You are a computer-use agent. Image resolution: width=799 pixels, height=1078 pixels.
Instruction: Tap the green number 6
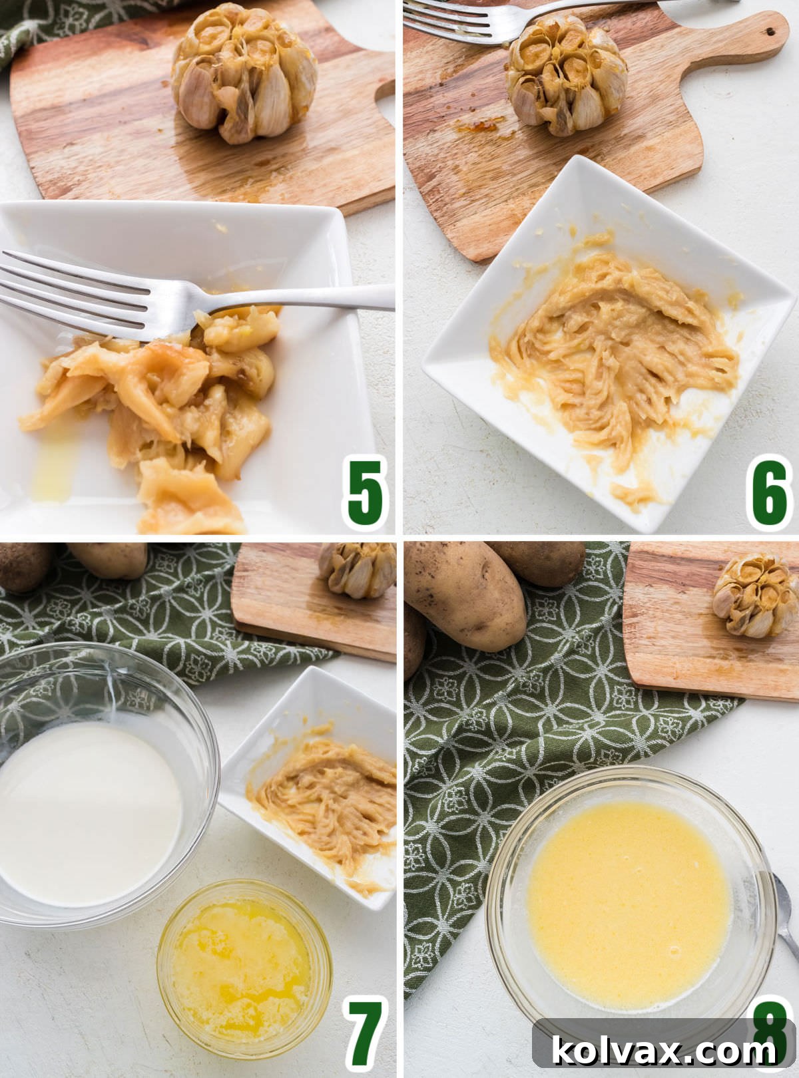[769, 492]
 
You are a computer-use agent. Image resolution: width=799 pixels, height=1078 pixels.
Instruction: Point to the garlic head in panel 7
[358, 569]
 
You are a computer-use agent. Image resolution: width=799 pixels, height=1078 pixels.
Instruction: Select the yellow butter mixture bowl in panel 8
[629, 902]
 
